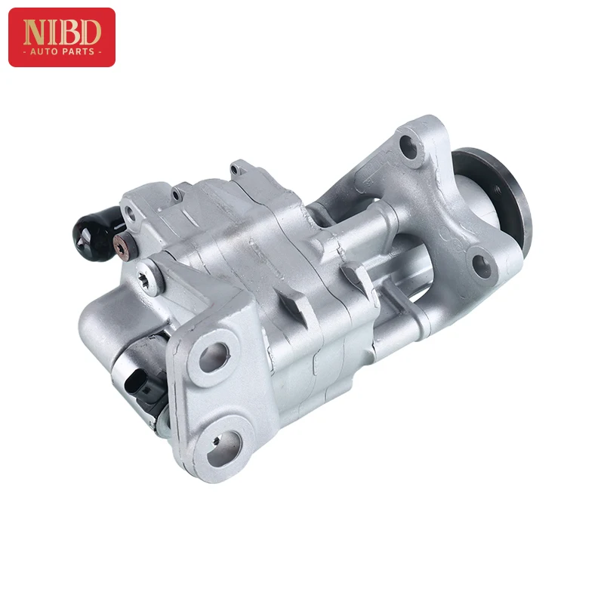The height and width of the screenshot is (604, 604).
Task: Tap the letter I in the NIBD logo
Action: click(54, 32)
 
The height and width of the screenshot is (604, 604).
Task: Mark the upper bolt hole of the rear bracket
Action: click(408, 146)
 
